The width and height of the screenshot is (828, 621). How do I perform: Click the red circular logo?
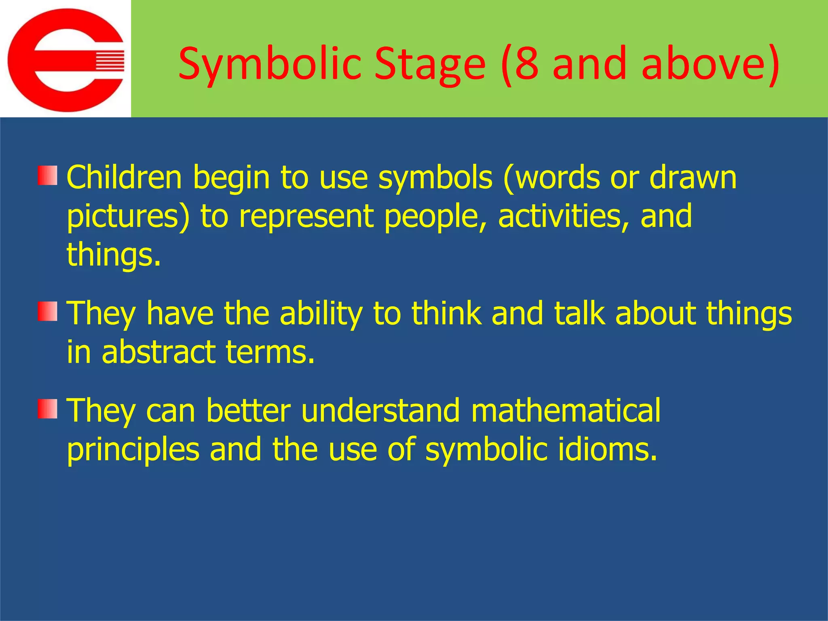click(x=65, y=60)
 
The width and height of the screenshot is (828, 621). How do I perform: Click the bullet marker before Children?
click(x=48, y=175)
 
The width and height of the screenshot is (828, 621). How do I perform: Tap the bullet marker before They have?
click(x=48, y=311)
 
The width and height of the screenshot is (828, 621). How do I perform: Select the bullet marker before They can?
click(x=48, y=409)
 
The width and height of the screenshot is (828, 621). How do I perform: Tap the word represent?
click(x=306, y=216)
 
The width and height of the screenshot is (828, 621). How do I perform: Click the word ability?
click(x=321, y=313)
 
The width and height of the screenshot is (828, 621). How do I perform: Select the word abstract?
click(x=158, y=352)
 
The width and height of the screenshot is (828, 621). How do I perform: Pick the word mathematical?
click(x=566, y=410)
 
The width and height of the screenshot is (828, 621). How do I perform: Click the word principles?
click(x=133, y=450)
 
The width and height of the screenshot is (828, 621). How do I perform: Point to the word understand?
click(x=380, y=410)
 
